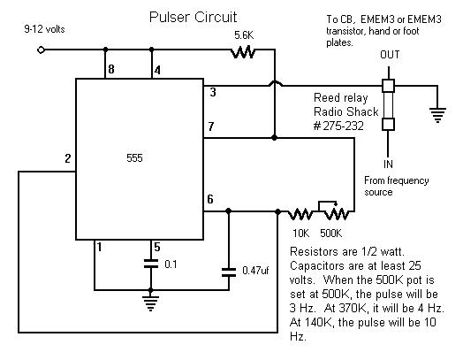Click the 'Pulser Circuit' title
[x=193, y=17]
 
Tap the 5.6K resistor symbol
[x=243, y=52]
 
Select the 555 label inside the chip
[x=134, y=158]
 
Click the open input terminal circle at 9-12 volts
[x=41, y=50]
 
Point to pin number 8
[x=111, y=69]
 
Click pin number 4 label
[x=157, y=71]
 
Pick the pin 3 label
[x=213, y=93]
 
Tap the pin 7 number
[x=211, y=126]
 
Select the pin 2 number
[x=68, y=158]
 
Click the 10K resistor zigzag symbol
[x=300, y=214]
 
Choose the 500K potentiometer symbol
[x=337, y=211]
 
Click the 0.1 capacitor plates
[x=151, y=264]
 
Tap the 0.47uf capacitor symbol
[x=229, y=272]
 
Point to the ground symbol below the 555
[x=150, y=303]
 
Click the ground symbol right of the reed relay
[x=437, y=115]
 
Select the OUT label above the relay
[x=390, y=55]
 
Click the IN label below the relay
[x=388, y=164]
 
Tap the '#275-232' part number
[x=338, y=126]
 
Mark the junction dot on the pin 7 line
[x=274, y=138]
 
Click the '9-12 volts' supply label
[x=44, y=29]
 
